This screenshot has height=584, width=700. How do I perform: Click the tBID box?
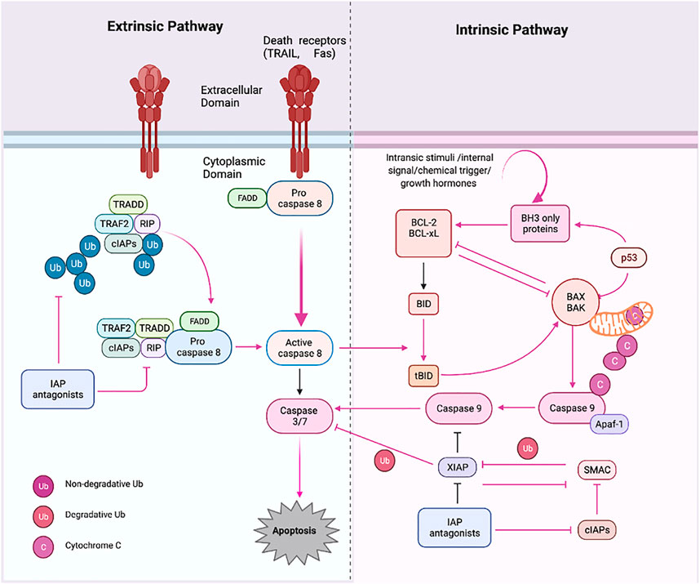point(422,374)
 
